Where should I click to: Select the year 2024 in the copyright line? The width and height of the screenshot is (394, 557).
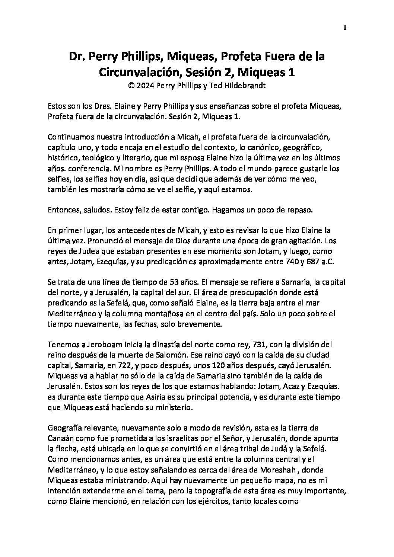coord(145,86)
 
